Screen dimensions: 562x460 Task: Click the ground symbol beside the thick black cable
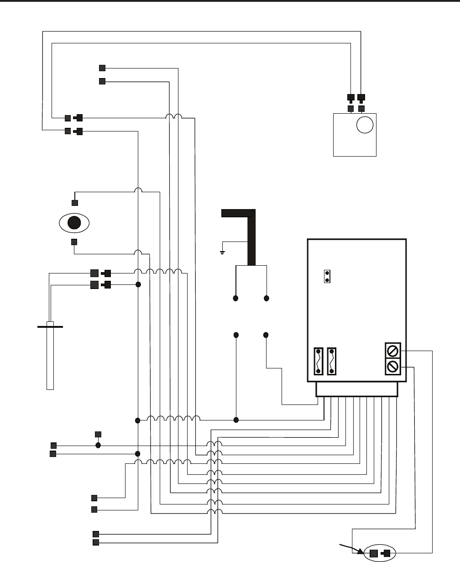point(222,252)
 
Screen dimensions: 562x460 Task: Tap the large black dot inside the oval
point(74,223)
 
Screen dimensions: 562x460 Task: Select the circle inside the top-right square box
point(365,124)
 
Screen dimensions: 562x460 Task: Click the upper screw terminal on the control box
point(393,351)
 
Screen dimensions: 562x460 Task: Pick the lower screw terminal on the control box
point(393,366)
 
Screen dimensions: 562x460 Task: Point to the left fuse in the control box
point(318,361)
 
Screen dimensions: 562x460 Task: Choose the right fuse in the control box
point(332,361)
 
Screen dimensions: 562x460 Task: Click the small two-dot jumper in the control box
point(327,276)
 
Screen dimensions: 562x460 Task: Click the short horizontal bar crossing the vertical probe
point(50,327)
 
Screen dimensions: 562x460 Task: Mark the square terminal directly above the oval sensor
point(75,203)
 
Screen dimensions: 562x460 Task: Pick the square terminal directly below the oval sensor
point(74,242)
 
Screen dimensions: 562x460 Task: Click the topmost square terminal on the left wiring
point(102,68)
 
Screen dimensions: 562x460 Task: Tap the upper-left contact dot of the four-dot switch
point(236,299)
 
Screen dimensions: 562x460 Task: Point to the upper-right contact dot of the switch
point(267,299)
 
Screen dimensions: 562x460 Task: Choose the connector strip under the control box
point(357,389)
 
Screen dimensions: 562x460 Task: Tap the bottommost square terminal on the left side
point(96,542)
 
